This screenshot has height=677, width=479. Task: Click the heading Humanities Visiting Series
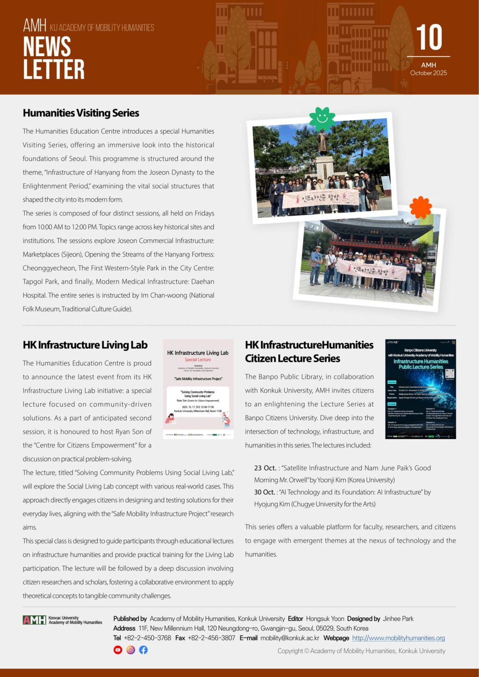click(x=81, y=113)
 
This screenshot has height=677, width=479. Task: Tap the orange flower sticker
click(x=421, y=207)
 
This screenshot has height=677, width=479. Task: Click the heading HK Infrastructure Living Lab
click(x=85, y=345)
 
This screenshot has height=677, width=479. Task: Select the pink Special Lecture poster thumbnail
click(x=198, y=389)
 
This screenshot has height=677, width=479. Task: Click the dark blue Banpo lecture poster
click(x=421, y=389)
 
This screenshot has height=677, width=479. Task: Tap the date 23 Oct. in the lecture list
click(x=265, y=468)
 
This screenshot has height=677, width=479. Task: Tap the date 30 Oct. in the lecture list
click(x=265, y=492)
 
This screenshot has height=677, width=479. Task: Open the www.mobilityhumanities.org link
click(x=398, y=638)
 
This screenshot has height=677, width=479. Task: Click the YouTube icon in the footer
click(x=118, y=650)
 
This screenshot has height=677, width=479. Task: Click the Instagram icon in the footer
click(x=131, y=650)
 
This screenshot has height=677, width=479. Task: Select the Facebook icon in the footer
click(x=143, y=650)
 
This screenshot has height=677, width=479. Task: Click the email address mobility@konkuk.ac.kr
click(x=290, y=638)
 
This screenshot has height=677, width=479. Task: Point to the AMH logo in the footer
click(x=35, y=620)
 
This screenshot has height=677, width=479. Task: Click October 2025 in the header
click(x=428, y=73)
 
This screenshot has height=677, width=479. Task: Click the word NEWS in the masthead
click(x=47, y=47)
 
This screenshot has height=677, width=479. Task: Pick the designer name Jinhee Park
click(x=398, y=619)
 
